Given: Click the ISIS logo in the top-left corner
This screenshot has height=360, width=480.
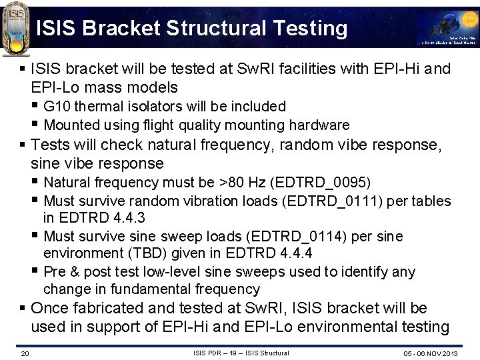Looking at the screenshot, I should tap(17, 25).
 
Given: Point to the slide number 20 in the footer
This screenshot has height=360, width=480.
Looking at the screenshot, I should tap(25, 353).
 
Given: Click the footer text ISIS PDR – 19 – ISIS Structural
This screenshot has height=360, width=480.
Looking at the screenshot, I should tap(241, 353).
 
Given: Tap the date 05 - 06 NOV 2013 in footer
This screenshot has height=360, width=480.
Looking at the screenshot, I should tap(431, 353).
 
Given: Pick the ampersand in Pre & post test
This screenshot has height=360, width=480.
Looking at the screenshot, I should tap(70, 272).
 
